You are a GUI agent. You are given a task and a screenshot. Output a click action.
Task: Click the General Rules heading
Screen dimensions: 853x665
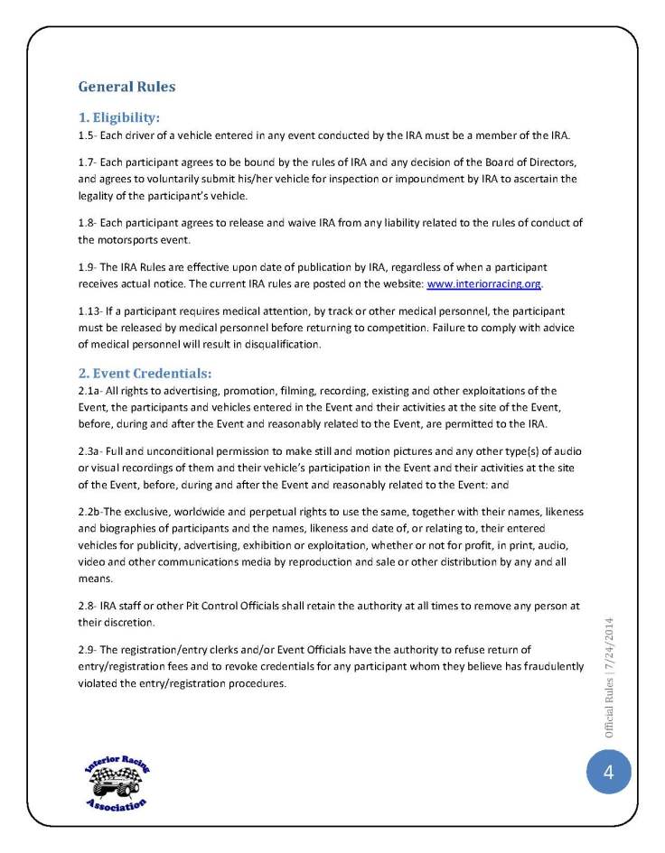126,88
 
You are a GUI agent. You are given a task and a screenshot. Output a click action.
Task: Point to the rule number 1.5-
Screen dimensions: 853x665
89,135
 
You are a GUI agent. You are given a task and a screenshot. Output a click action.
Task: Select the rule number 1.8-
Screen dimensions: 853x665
89,224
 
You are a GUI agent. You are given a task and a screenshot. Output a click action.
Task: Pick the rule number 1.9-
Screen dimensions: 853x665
89,268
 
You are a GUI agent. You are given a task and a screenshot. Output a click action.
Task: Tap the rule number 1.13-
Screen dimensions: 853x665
91,311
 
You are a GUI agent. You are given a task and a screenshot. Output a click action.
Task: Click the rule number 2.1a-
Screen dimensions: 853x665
91,391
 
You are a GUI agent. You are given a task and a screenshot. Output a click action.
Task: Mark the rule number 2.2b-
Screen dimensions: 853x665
91,512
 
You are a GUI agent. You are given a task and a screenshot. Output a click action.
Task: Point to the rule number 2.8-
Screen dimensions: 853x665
89,607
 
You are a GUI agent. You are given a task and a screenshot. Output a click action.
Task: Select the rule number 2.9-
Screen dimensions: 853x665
89,650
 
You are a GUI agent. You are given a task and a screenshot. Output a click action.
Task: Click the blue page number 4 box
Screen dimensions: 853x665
608,773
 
